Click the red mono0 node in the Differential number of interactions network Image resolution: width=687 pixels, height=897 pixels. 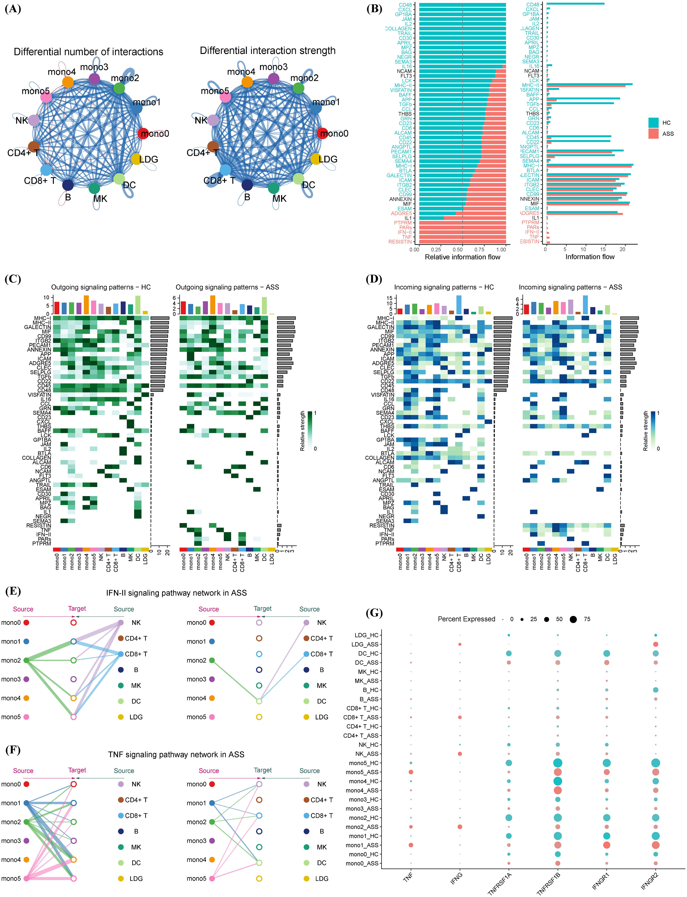pyautogui.click(x=143, y=133)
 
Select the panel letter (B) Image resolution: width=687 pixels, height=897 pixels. pyautogui.click(x=374, y=9)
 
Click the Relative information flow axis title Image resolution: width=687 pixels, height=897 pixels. pyautogui.click(x=462, y=257)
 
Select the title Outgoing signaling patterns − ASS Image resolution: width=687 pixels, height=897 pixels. pyautogui.click(x=227, y=287)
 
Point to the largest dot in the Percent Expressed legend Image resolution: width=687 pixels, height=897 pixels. pyautogui.click(x=573, y=619)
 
